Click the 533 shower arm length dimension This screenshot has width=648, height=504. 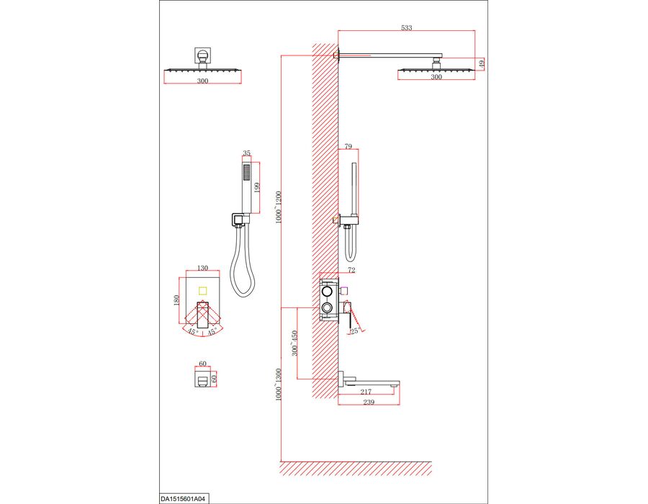pos(407,27)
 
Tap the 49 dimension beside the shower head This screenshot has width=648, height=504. pos(481,63)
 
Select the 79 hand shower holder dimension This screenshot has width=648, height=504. pos(348,146)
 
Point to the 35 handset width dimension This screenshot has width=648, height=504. pos(247,153)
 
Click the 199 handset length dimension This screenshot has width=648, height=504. pos(256,188)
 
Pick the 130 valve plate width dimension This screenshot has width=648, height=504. pos(202,268)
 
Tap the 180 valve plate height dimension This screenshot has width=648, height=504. pos(176,300)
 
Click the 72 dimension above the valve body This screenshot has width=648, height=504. pos(351,270)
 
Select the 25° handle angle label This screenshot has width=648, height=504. pos(355,330)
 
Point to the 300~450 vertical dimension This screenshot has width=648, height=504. pos(294,343)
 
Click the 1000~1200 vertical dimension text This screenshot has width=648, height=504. pos(278,207)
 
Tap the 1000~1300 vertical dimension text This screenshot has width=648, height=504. pos(278,384)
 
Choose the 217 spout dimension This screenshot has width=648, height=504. pos(366,392)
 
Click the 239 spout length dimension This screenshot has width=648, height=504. pos(368,402)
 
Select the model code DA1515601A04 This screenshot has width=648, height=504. pos(182,499)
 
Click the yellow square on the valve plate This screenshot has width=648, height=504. pos(202,290)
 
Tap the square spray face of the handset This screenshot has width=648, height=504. pos(247,172)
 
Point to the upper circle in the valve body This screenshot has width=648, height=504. pos(327,292)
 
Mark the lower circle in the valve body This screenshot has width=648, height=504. pos(327,307)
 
